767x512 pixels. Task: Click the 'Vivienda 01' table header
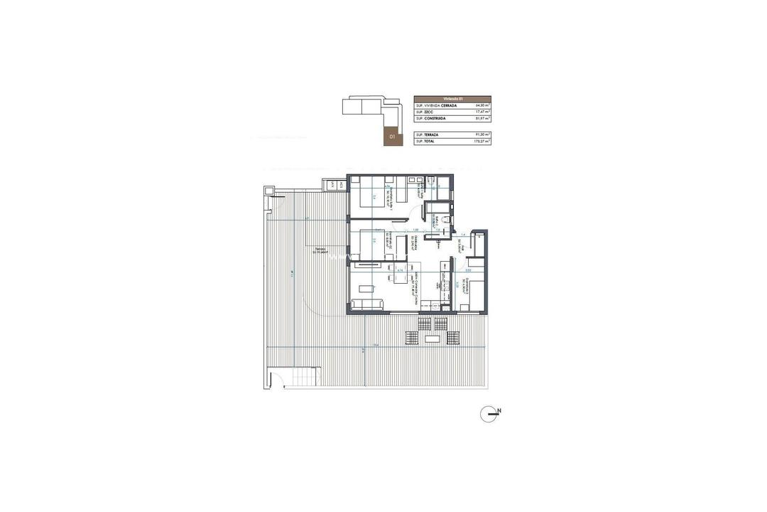coord(452,99)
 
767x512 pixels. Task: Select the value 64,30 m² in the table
coord(482,105)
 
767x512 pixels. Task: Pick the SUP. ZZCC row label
coord(425,112)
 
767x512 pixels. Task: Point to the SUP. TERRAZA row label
coord(429,134)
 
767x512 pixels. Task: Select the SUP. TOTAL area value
coord(482,141)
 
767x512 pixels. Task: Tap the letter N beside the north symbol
coord(499,410)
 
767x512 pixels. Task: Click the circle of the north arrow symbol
coord(488,414)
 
